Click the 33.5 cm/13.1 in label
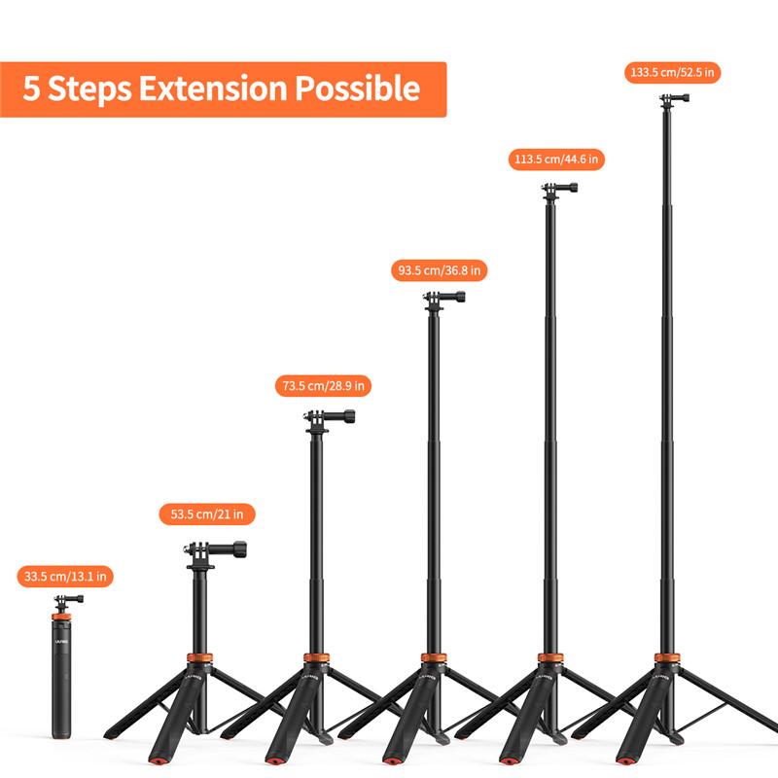[65, 577]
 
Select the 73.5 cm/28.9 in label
[323, 386]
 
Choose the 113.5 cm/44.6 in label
[557, 159]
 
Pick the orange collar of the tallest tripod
[667, 659]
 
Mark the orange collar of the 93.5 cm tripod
[434, 659]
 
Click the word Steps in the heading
[92, 89]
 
